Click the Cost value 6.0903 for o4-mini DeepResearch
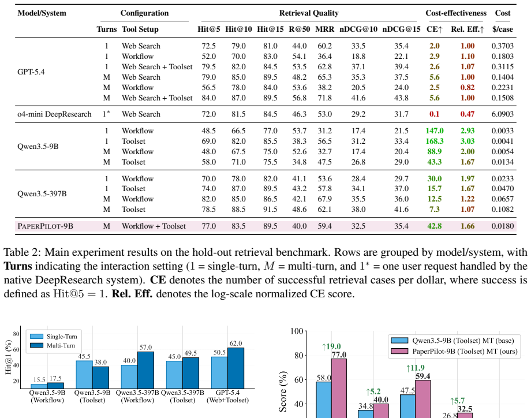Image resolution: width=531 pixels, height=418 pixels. [503, 114]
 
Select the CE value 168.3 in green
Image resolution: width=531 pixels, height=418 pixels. [435, 141]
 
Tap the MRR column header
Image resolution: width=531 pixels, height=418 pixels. [325, 29]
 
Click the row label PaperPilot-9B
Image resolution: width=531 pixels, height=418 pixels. [46, 226]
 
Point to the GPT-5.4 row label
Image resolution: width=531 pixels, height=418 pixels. [31, 72]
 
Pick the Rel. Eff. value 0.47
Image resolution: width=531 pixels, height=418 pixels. [468, 114]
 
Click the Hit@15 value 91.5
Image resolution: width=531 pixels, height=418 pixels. [270, 210]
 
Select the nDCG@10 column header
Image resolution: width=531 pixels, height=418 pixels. [358, 29]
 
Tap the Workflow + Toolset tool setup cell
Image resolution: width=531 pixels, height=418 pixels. [154, 226]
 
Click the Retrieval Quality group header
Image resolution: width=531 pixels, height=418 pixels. [309, 13]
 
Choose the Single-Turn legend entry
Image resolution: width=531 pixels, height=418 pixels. [54, 337]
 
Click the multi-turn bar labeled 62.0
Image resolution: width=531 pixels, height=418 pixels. [235, 368]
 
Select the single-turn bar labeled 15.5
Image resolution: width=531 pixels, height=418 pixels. [39, 386]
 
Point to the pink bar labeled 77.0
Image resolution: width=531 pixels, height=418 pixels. [339, 388]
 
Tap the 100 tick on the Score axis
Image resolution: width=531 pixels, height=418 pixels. [296, 331]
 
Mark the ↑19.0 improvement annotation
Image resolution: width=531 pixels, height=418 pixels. [331, 346]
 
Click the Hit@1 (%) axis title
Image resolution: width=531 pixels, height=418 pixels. [9, 357]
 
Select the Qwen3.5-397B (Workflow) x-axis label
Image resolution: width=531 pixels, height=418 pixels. [137, 396]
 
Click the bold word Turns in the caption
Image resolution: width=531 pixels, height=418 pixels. [18, 266]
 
